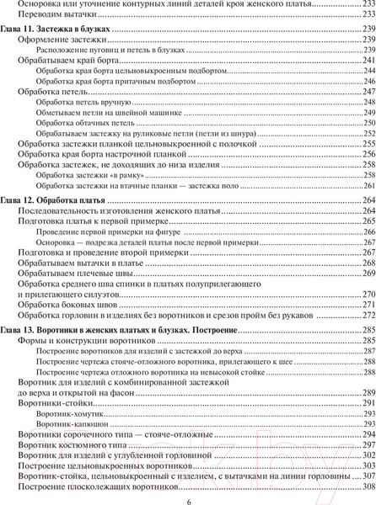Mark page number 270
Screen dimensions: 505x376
click(x=364, y=294)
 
